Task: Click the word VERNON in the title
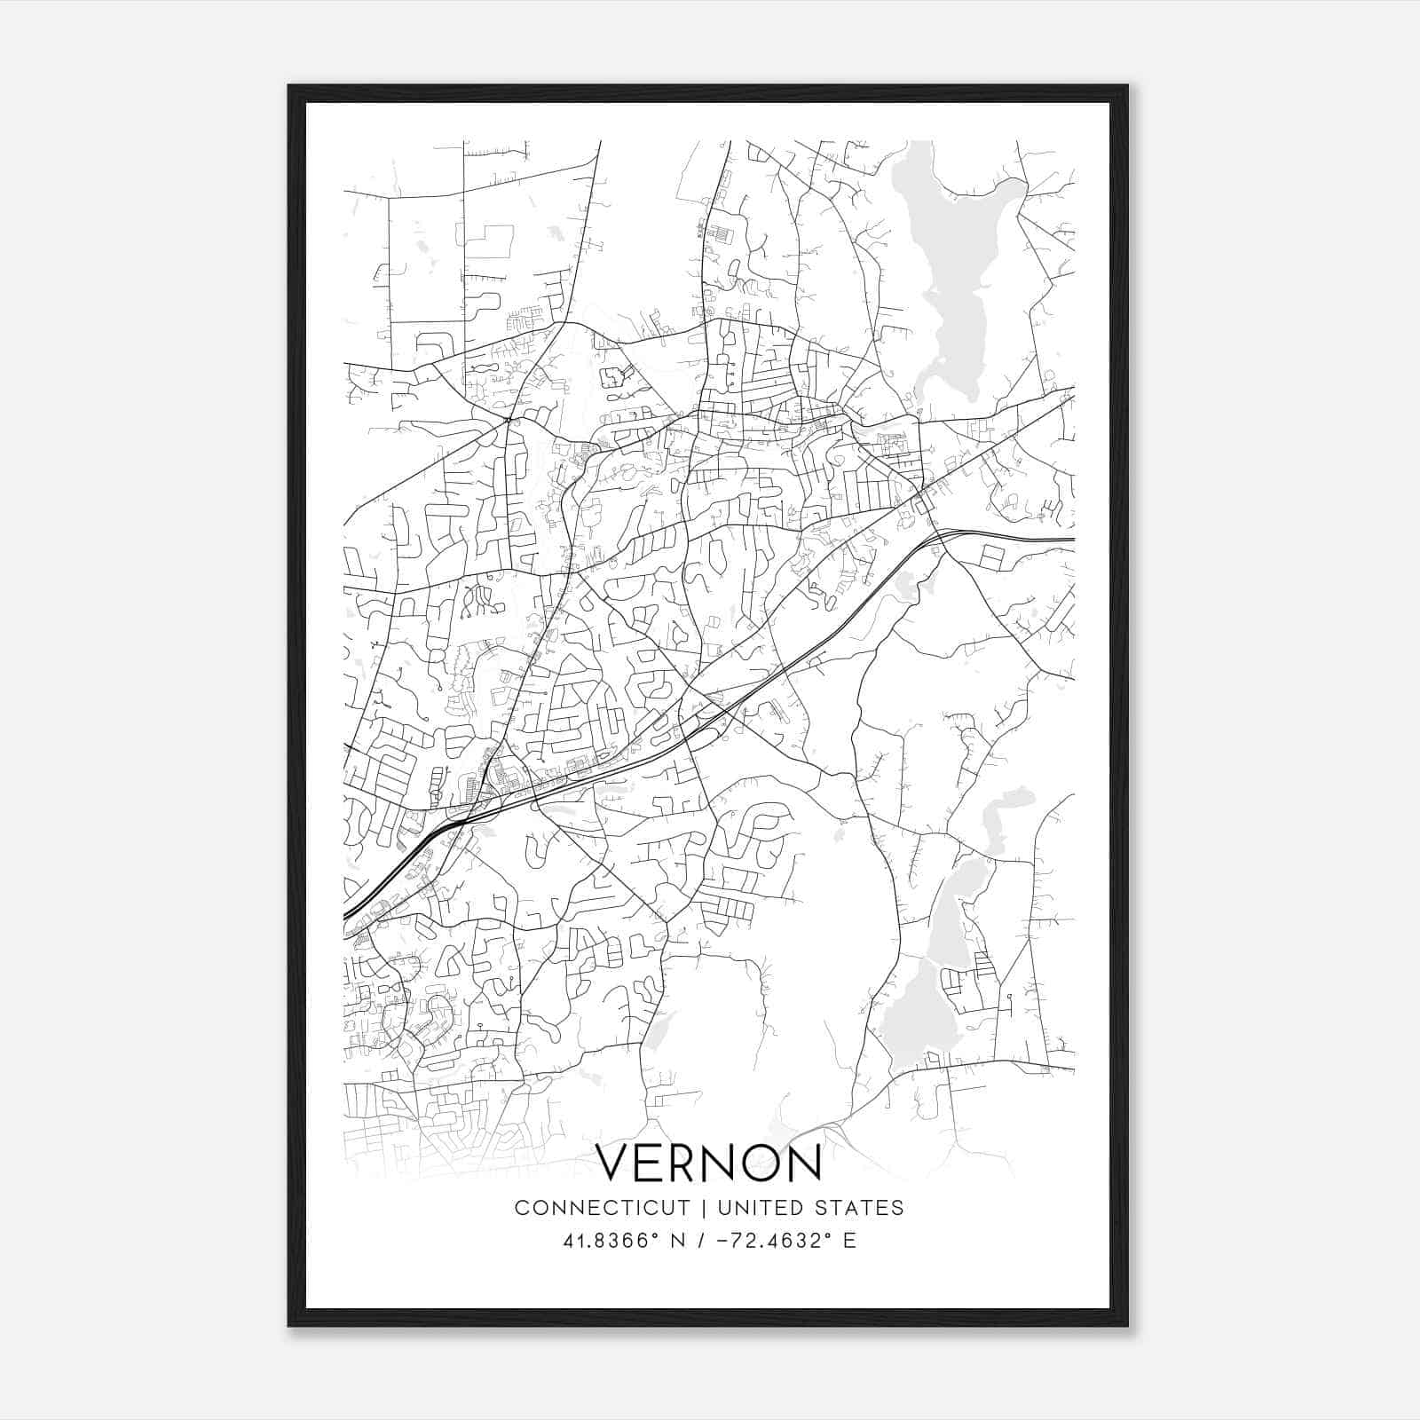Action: coord(708,1162)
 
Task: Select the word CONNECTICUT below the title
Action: coord(602,1208)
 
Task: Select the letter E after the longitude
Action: coord(850,1241)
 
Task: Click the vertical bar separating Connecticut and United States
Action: coord(703,1208)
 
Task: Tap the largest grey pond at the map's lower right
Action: coord(919,1012)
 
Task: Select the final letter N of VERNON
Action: coord(804,1162)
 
